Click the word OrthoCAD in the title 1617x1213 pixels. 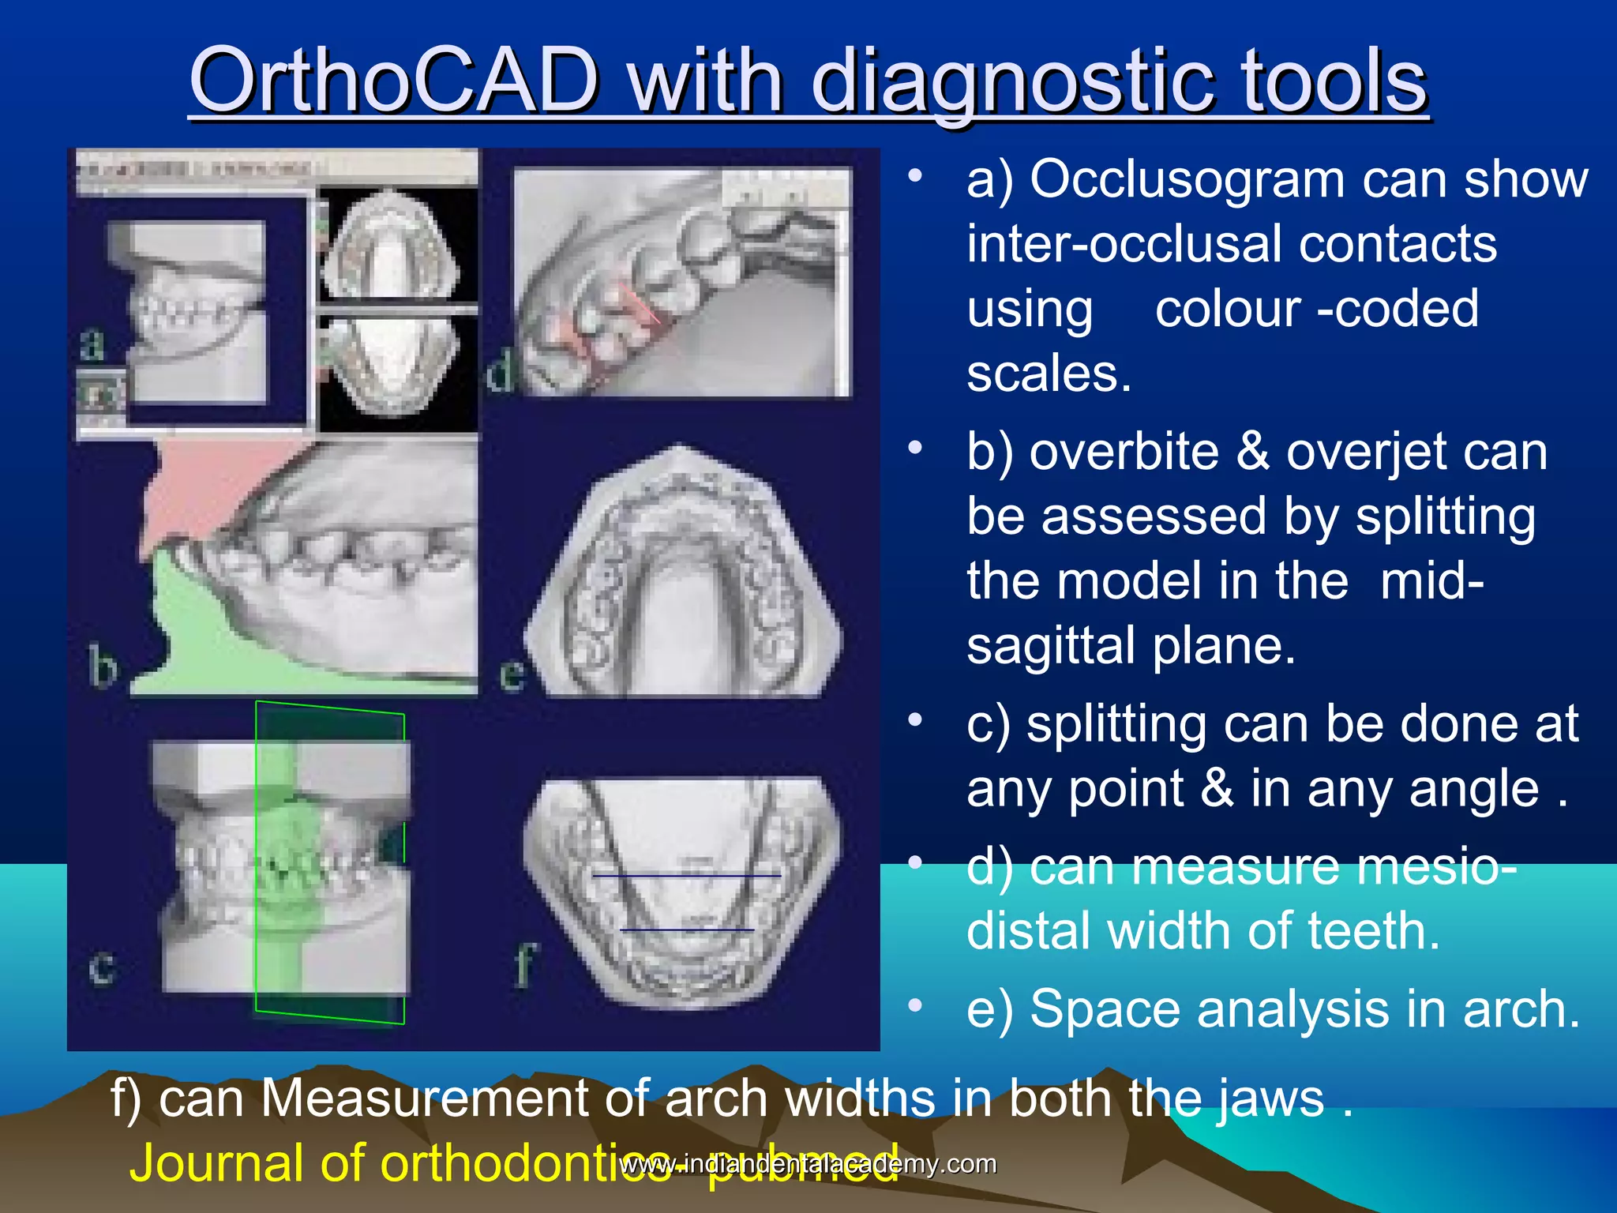[395, 81]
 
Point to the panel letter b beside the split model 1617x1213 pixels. [103, 666]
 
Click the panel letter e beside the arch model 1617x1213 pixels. [512, 674]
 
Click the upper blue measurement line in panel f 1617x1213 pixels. [687, 876]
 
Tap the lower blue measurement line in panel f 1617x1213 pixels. [687, 930]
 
